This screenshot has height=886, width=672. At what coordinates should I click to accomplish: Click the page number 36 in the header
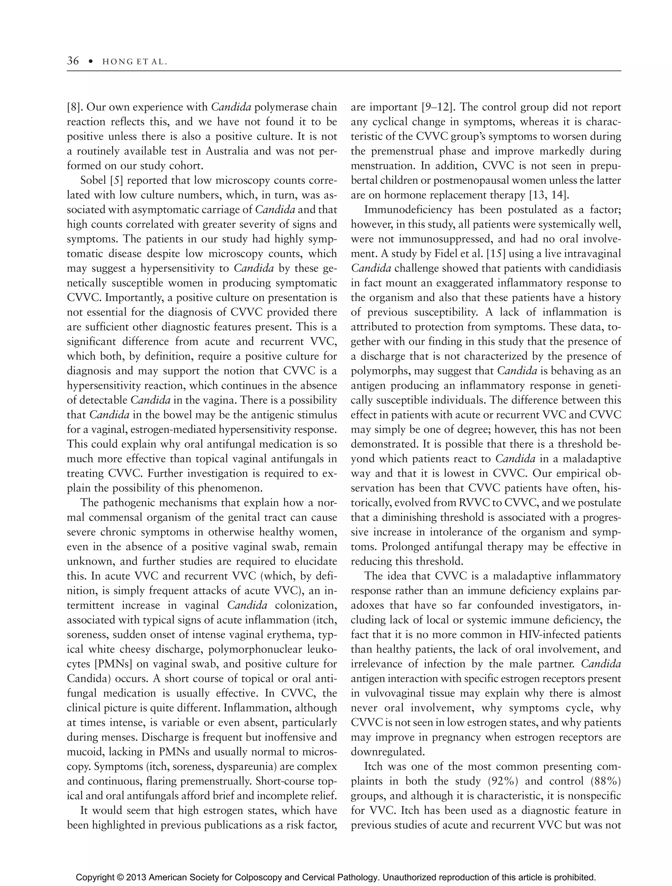73,61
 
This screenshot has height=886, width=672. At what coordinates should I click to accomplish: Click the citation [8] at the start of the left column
74,107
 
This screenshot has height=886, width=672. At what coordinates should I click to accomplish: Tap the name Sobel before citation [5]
93,180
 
